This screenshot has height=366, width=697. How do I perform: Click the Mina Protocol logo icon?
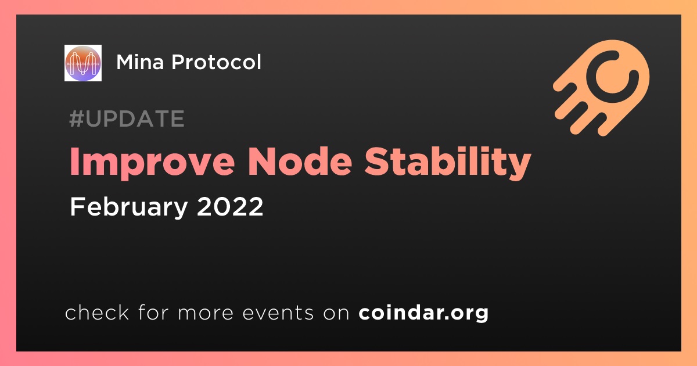(82, 63)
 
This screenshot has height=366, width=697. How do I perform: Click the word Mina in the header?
(140, 62)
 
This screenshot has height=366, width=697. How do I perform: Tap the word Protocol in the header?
(216, 62)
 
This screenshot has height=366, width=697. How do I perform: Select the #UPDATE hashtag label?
(127, 119)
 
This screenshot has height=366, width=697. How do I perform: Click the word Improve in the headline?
(152, 163)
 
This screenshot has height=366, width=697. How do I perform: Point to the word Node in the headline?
(300, 162)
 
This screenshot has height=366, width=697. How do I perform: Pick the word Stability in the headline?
(447, 163)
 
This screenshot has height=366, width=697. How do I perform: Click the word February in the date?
(129, 207)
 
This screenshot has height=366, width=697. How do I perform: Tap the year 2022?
(230, 207)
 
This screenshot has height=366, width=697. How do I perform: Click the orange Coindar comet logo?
(602, 88)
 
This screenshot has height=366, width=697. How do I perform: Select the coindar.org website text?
(423, 313)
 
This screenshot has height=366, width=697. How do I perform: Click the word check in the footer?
(97, 313)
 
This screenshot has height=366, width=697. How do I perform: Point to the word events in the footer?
(278, 313)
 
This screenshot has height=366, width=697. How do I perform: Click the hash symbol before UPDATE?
(76, 119)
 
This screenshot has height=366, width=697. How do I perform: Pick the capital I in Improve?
(74, 162)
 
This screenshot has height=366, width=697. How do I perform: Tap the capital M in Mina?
(125, 62)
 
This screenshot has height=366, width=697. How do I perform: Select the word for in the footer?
(153, 312)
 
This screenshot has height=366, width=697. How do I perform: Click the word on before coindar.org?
(336, 314)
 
